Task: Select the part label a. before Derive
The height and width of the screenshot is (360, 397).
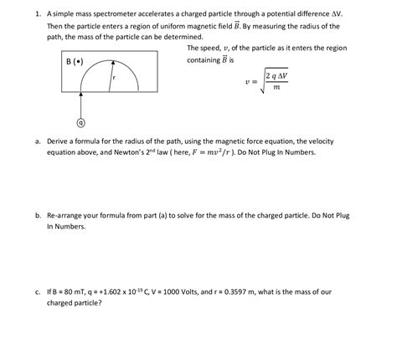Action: tap(38, 141)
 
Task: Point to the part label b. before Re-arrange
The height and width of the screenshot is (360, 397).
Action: tap(38, 215)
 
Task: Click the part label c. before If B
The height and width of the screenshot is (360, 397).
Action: tap(38, 291)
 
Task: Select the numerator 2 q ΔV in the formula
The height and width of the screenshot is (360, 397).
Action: tap(276, 77)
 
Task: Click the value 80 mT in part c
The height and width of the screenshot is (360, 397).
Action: tap(81, 291)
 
